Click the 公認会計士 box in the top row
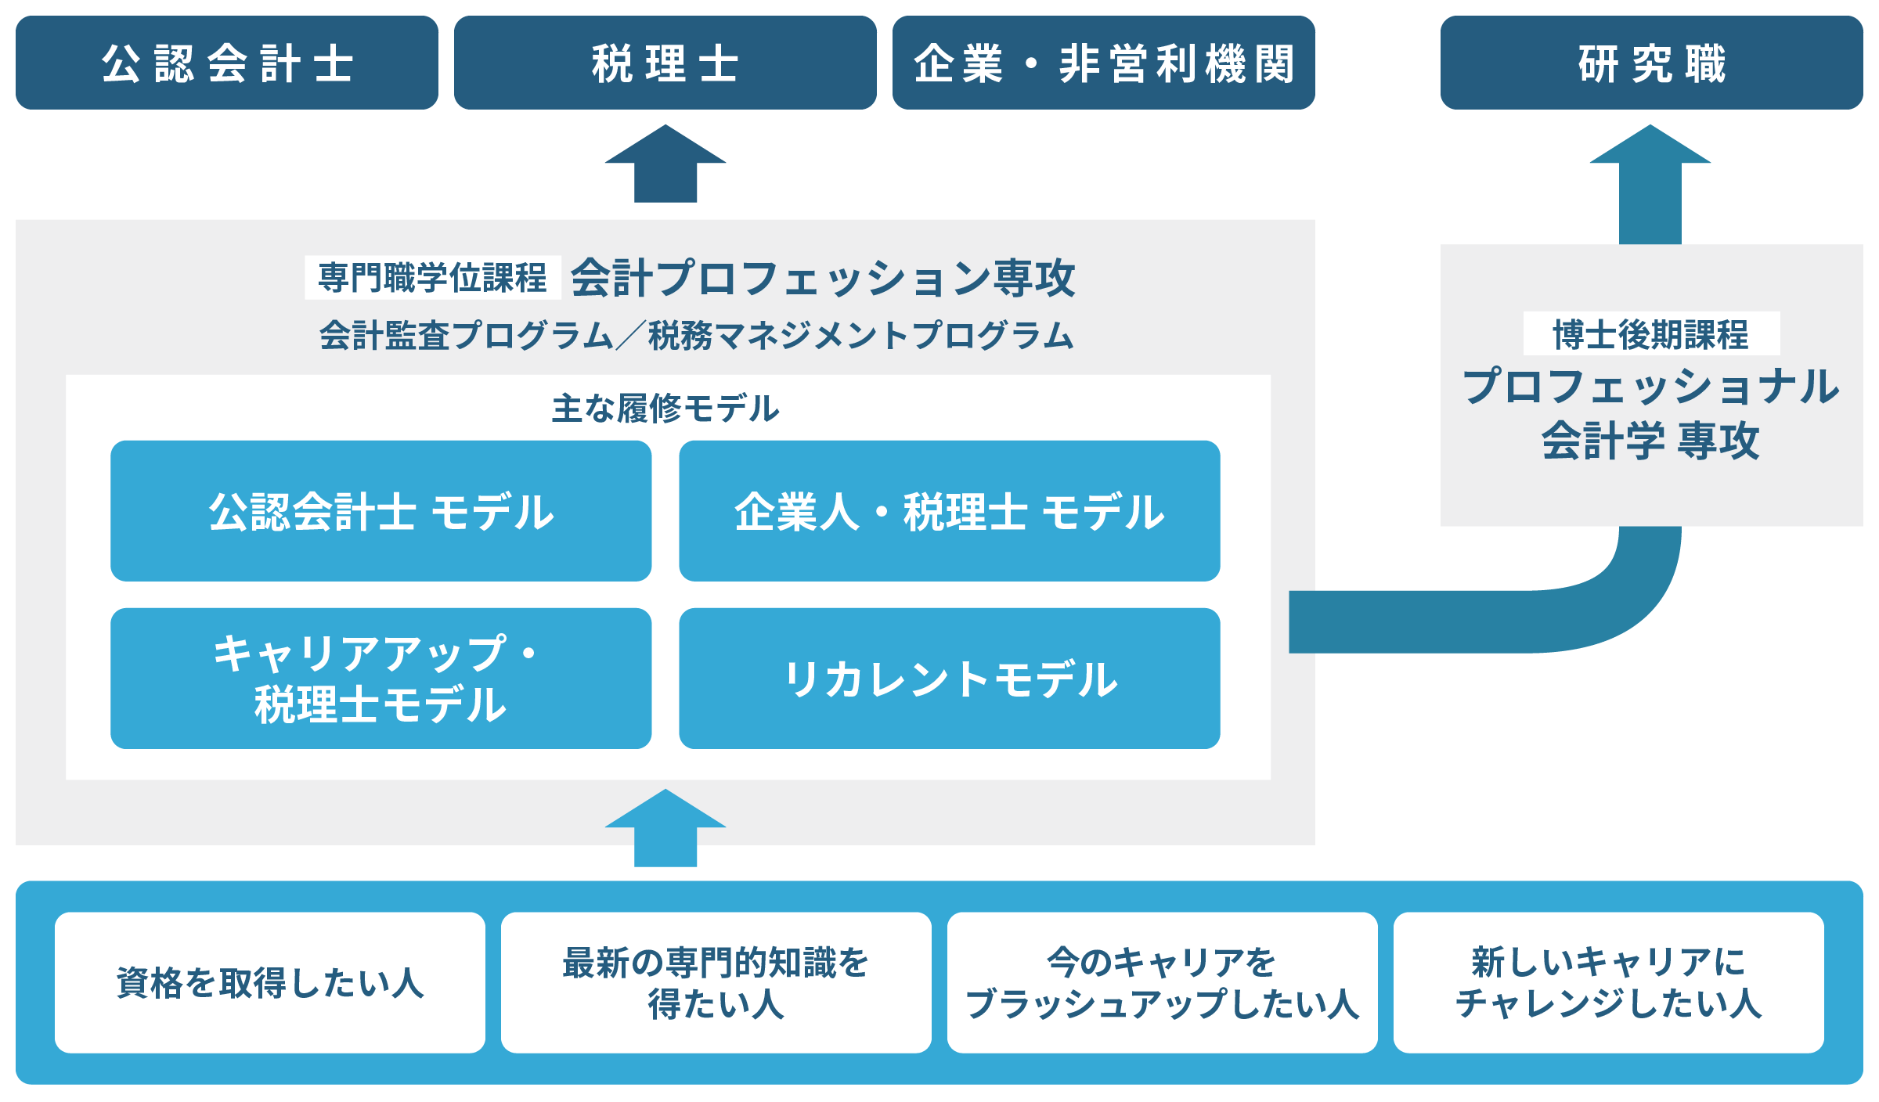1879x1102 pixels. tap(227, 63)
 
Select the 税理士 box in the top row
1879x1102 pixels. tap(665, 63)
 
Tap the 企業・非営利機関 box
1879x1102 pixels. tap(1104, 63)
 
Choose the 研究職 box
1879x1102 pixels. tap(1652, 63)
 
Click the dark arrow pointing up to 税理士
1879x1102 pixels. tap(665, 164)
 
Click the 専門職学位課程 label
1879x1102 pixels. tap(433, 278)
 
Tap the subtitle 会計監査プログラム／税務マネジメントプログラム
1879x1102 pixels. tap(696, 335)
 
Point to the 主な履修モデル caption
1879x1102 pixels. tap(665, 409)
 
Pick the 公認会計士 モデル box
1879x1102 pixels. tap(381, 511)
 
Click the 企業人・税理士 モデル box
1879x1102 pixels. tap(950, 511)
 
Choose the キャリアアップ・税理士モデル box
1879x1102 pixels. tap(381, 679)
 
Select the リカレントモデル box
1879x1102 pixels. tap(950, 679)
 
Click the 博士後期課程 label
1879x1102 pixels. tap(1651, 334)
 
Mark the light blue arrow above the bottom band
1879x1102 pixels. tap(665, 828)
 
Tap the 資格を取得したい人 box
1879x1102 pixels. tap(270, 982)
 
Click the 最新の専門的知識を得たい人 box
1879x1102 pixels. tap(716, 982)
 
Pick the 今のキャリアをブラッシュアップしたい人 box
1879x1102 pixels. tap(1163, 982)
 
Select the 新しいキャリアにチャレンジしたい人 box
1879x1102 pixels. tap(1609, 982)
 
